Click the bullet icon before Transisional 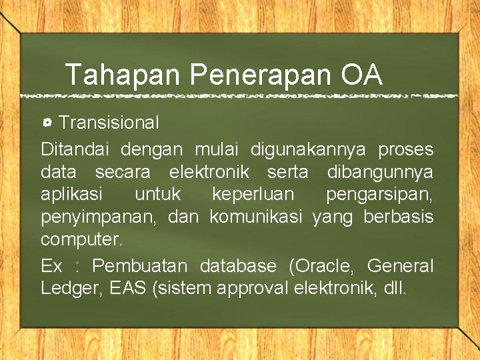[x=48, y=123]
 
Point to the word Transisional [x=109, y=123]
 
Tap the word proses [x=405, y=149]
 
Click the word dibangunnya [x=380, y=172]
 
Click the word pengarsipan [x=379, y=195]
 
